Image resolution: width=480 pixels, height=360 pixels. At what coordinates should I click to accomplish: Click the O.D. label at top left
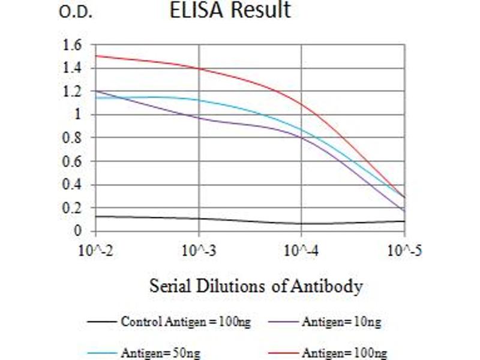coord(76,13)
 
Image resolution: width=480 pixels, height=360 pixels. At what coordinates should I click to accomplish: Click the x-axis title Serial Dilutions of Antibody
coord(256,286)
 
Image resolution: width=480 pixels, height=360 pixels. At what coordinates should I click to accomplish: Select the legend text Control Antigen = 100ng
coord(186,322)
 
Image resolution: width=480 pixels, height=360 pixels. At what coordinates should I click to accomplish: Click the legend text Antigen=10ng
coord(341,322)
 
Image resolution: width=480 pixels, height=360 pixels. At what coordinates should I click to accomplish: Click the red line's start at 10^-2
coord(96,56)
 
